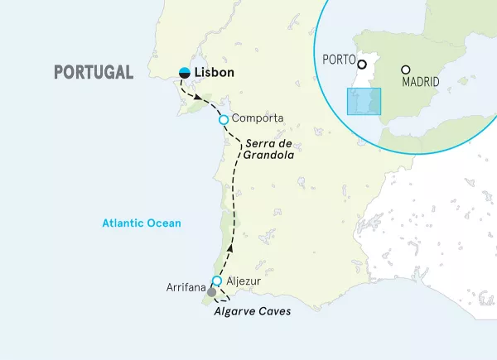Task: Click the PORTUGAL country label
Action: [x=93, y=72]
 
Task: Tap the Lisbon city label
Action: [x=215, y=73]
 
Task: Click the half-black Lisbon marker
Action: [x=185, y=73]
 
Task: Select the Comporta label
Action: [x=258, y=119]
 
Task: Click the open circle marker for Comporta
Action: [x=223, y=120]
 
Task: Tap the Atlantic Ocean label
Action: [x=141, y=223]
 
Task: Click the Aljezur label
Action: [x=243, y=281]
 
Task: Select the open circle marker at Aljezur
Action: [x=217, y=281]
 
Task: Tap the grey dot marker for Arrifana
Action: [x=212, y=292]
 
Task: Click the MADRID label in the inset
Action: [x=420, y=83]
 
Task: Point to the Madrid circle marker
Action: [x=405, y=70]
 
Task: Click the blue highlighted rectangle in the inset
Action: [x=364, y=101]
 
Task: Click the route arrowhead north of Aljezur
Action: [x=229, y=247]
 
